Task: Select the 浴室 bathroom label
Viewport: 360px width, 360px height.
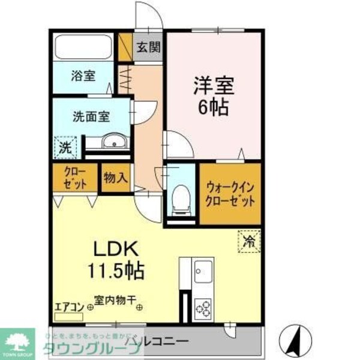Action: point(83,76)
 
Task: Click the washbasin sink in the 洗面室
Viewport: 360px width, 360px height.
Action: point(112,142)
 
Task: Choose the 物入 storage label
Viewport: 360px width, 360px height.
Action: point(115,178)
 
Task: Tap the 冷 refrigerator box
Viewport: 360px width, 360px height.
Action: point(248,241)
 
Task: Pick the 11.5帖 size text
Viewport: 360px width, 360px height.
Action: point(118,271)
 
